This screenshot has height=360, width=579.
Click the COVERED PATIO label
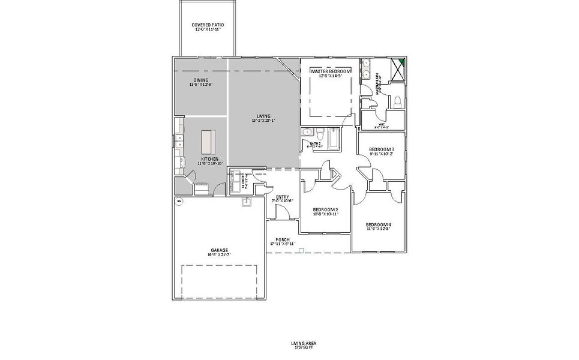(208, 25)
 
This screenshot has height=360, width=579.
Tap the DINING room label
(201, 80)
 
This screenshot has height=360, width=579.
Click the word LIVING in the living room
(263, 116)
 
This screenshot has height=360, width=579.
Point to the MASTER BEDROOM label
(331, 71)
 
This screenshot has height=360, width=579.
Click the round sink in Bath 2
(307, 133)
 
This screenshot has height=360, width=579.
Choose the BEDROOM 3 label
(381, 149)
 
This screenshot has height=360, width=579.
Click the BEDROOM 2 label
(325, 210)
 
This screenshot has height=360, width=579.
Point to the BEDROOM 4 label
(378, 225)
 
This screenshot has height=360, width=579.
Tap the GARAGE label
(219, 250)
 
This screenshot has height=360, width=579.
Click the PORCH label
(282, 239)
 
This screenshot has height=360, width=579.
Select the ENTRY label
(283, 197)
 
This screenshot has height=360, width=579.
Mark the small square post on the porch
(302, 250)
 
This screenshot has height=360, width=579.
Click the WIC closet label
(381, 125)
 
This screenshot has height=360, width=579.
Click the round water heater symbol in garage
(178, 202)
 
